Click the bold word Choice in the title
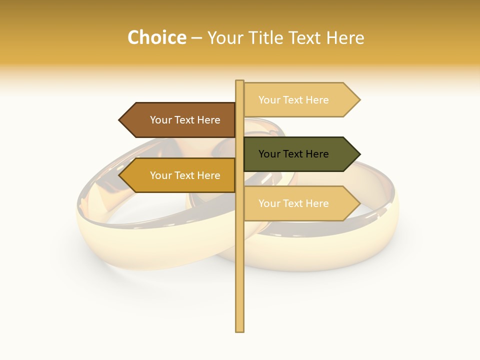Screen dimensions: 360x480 click(x=156, y=37)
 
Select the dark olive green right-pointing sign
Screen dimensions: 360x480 click(x=300, y=154)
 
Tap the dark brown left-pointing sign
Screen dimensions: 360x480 click(x=180, y=120)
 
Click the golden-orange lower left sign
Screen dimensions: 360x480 click(x=180, y=175)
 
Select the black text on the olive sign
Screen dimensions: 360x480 click(x=293, y=154)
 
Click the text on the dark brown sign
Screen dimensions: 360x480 click(x=185, y=120)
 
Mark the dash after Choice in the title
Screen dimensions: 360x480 click(x=196, y=38)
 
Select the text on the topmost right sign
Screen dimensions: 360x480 click(x=293, y=100)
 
